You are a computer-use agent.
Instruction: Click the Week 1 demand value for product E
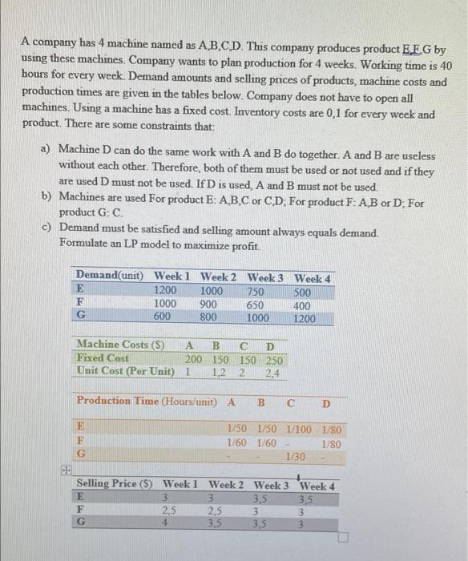165,290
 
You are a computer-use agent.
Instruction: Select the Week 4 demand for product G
305,317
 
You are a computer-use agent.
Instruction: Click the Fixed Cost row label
103,357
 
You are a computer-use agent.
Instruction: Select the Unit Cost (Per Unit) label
124,371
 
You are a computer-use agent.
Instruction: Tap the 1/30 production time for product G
294,456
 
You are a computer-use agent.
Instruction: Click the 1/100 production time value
301,429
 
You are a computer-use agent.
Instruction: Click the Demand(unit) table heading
110,277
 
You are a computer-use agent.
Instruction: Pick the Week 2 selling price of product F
215,511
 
